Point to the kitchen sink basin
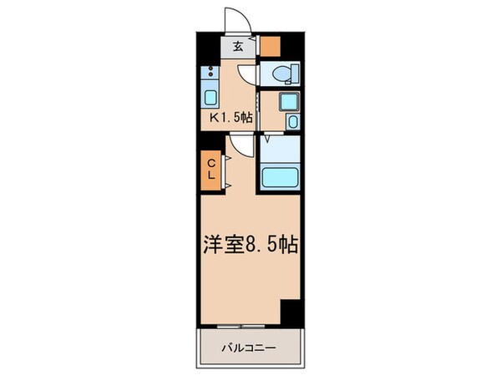209,93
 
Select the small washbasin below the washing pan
291,122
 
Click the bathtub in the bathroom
282,178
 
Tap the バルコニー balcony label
249,345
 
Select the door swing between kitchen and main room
242,146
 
